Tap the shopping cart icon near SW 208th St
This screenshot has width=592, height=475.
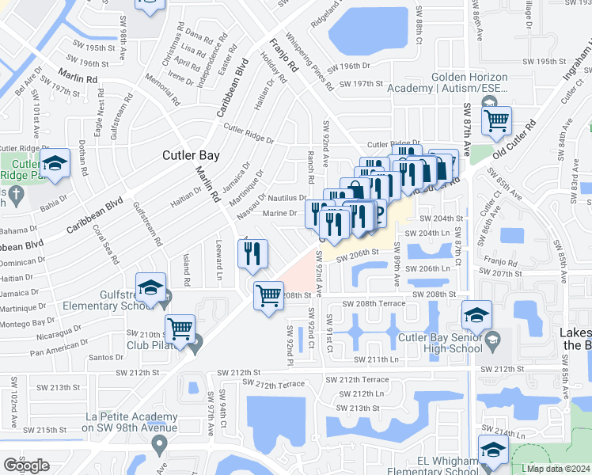pyautogui.click(x=268, y=295)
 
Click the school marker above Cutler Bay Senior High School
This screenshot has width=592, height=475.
pyautogui.click(x=476, y=314)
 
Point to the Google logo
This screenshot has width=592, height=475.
pyautogui.click(x=26, y=465)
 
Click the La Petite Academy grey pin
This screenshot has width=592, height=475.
pyautogui.click(x=159, y=446)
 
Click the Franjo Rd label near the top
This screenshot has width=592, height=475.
pyautogui.click(x=281, y=53)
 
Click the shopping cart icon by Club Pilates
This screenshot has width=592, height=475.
pyautogui.click(x=180, y=327)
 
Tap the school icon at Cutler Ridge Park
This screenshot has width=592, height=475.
pyautogui.click(x=55, y=165)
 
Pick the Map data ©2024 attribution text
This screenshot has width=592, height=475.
pyautogui.click(x=556, y=468)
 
